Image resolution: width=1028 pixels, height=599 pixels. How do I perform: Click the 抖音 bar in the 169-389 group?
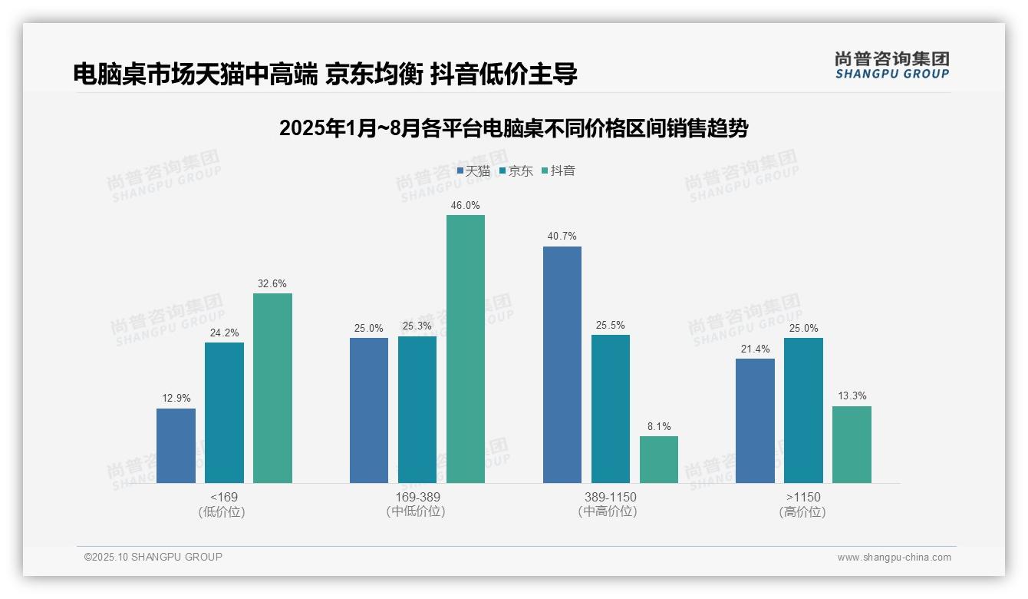click(466, 349)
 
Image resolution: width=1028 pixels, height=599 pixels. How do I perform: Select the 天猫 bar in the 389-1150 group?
click(562, 365)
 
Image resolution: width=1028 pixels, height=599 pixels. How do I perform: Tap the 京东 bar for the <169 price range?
click(224, 412)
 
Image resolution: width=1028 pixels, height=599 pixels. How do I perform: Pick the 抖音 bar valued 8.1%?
click(659, 459)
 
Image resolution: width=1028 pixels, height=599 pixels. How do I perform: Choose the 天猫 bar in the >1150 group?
click(755, 421)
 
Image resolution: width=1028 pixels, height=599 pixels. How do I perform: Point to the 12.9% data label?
click(176, 399)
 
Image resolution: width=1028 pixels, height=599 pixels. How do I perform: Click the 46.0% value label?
click(466, 206)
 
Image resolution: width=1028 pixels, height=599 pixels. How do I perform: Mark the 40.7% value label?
click(562, 237)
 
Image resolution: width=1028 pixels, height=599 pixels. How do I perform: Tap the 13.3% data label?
click(852, 396)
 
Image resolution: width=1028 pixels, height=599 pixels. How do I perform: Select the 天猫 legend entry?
click(473, 171)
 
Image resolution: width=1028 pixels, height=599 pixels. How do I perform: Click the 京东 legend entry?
click(516, 171)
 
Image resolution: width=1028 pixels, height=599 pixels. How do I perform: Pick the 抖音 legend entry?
click(558, 171)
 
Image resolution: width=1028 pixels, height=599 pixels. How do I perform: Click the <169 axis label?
click(223, 498)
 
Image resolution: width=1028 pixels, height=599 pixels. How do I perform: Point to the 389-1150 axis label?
click(611, 498)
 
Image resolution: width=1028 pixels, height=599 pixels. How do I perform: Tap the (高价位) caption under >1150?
click(803, 512)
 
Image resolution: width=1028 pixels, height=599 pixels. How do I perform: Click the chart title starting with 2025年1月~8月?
click(513, 128)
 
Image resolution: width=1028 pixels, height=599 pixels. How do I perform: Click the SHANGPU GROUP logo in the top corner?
click(891, 65)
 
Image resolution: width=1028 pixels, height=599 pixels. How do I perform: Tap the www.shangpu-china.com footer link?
click(894, 558)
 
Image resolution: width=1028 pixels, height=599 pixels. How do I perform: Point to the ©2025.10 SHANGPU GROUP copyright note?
click(153, 558)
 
